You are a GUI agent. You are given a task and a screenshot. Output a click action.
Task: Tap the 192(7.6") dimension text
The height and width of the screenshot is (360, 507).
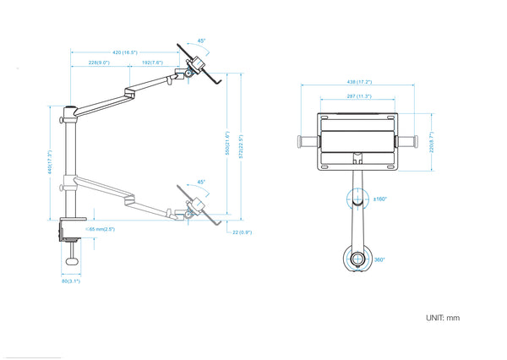(151, 63)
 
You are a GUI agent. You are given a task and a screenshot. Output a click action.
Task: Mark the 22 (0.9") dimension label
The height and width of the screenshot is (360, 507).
(244, 232)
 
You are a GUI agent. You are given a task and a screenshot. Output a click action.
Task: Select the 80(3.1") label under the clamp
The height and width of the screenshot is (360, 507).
(70, 281)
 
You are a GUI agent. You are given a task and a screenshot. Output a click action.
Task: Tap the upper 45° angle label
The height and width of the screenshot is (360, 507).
(201, 40)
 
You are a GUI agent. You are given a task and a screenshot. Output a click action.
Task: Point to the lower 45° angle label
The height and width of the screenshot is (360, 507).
(200, 182)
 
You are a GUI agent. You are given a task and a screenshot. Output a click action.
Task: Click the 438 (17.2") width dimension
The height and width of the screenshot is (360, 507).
(359, 82)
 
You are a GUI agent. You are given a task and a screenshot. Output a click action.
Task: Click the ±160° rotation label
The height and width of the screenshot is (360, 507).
(380, 200)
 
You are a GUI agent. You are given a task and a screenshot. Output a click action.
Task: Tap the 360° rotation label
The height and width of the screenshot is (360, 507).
(379, 259)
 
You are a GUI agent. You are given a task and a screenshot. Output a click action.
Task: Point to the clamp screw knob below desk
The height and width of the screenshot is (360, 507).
(74, 261)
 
